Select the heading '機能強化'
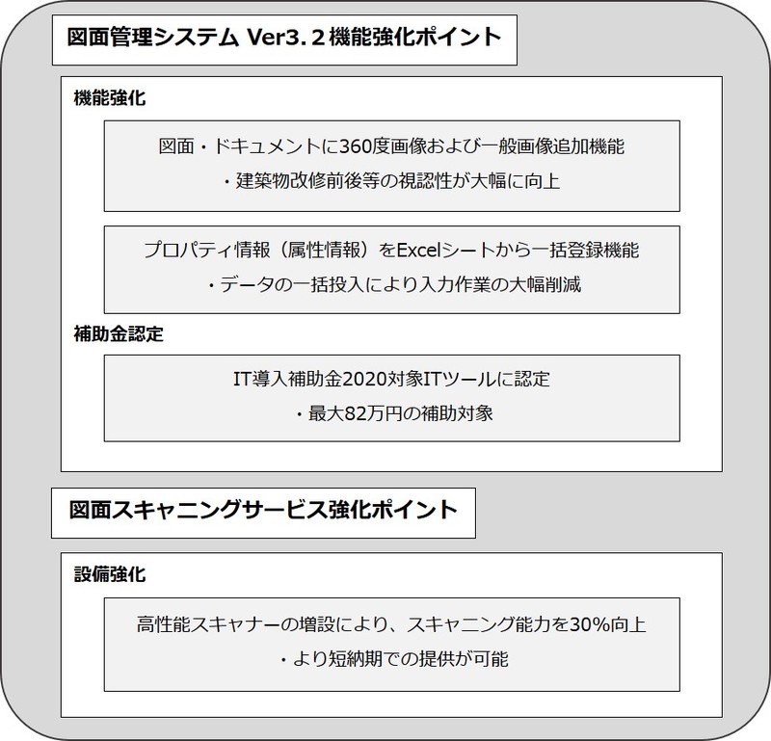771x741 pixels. tap(110, 98)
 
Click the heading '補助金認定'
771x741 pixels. tap(119, 333)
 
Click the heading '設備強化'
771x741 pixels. tap(110, 574)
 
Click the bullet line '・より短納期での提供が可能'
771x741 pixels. tap(393, 659)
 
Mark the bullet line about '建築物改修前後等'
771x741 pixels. tap(391, 181)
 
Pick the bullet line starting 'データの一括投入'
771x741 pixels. tap(393, 284)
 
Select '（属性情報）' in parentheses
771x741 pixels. tap(325, 251)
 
